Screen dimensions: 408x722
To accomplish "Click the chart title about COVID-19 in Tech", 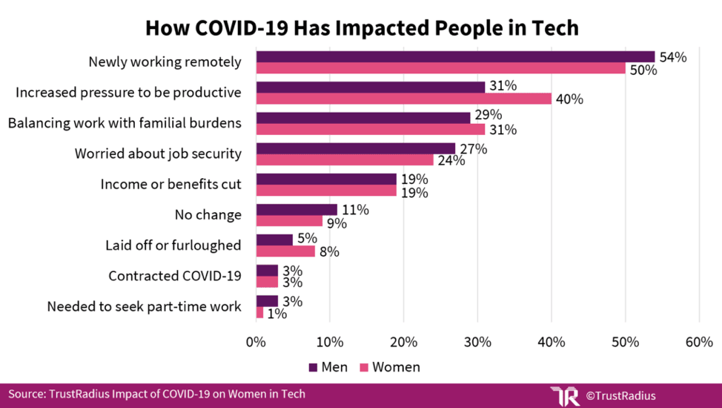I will coord(361,27).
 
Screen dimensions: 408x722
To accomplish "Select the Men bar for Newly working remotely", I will coord(455,56).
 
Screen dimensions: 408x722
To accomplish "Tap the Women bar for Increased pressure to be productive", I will coord(403,99).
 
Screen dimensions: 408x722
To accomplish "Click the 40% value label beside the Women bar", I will coord(569,99).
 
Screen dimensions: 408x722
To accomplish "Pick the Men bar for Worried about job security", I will coord(355,148).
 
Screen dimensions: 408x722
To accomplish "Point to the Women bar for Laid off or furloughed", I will coord(285,251).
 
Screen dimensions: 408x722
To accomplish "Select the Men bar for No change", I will coord(297,209).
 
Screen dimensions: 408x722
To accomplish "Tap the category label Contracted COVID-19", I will coord(175,276).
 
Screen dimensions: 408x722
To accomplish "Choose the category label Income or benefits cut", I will coord(171,184).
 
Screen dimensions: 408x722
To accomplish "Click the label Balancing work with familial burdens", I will coord(125,122).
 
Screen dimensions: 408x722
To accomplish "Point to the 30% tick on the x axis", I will coord(477,342).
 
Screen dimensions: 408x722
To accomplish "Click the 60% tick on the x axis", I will coord(699,342).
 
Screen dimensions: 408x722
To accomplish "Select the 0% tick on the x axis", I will coord(256,342).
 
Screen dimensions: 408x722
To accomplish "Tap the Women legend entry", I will coord(389,366).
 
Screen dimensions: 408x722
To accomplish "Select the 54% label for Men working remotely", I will coord(672,57).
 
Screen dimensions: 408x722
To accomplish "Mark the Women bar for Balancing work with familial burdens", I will coord(370,129).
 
